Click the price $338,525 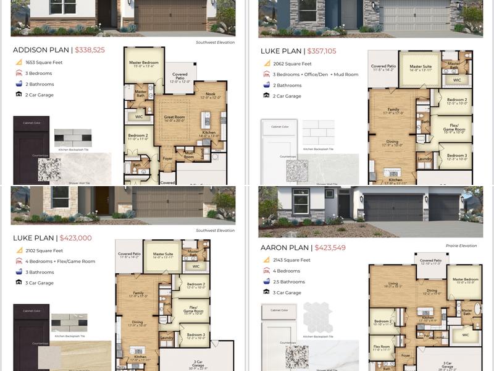pyautogui.click(x=90, y=50)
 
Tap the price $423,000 pyautogui.click(x=75, y=238)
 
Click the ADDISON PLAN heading pyautogui.click(x=41, y=50)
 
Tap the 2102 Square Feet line pyautogui.click(x=44, y=250)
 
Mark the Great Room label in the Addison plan pyautogui.click(x=174, y=117)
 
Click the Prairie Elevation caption pyautogui.click(x=461, y=245)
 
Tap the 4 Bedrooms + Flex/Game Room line pyautogui.click(x=60, y=261)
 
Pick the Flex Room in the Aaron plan pyautogui.click(x=380, y=348)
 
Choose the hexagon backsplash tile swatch pyautogui.click(x=318, y=318)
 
